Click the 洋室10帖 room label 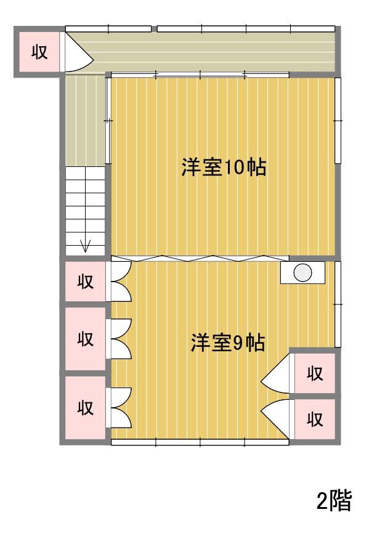[224, 167]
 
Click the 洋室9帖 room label [227, 343]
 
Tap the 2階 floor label [334, 501]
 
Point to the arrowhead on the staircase [85, 246]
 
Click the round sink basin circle [302, 273]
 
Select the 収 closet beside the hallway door [39, 52]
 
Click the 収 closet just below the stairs [86, 282]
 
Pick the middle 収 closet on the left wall [86, 338]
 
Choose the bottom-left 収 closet [86, 407]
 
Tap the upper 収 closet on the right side [315, 373]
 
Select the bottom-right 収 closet [315, 419]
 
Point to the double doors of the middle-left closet [120, 338]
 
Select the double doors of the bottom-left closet [120, 407]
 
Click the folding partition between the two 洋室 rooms [200, 258]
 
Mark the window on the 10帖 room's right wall [338, 121]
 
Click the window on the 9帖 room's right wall [338, 304]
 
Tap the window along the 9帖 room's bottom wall [200, 442]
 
